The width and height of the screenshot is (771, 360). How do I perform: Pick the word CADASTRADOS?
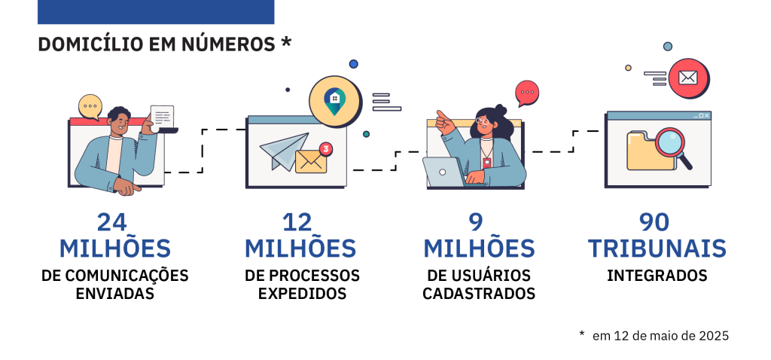[479, 294]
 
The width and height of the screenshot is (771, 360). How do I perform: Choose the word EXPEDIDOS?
[302, 294]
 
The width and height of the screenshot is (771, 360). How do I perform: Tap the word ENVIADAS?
[115, 294]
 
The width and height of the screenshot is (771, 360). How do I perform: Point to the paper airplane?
[284, 150]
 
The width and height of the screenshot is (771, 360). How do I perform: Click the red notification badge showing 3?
[325, 148]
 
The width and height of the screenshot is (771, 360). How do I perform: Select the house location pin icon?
[334, 99]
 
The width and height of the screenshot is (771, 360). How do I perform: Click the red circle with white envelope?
[687, 78]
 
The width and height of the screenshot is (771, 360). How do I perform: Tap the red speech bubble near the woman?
[527, 93]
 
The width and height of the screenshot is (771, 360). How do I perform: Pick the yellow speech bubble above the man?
[90, 107]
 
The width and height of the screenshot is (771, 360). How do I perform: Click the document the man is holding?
[163, 117]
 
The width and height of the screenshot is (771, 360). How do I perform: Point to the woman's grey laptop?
[444, 171]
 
